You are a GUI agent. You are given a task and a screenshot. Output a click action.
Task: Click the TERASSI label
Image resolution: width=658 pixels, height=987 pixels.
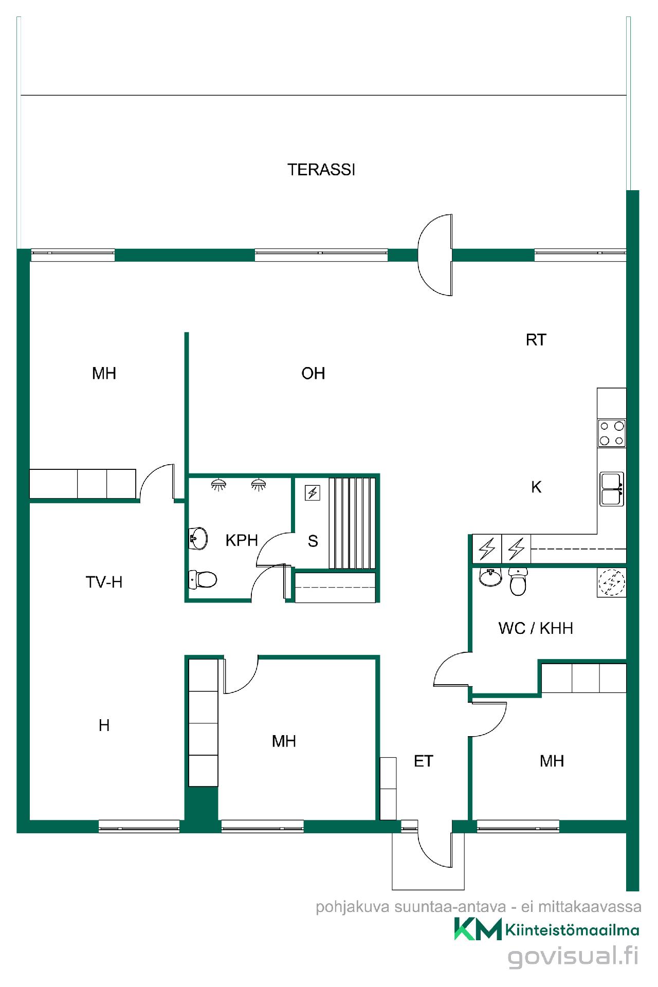[x=321, y=170]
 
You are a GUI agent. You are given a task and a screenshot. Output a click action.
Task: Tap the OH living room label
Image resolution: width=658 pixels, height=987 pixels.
[x=313, y=373]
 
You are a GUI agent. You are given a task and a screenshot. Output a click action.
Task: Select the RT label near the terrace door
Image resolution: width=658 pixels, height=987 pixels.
[x=536, y=340]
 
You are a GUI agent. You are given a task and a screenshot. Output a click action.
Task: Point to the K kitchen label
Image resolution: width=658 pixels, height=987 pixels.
[x=536, y=487]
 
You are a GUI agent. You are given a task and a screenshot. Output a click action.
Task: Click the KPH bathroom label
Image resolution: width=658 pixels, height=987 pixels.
[x=242, y=540]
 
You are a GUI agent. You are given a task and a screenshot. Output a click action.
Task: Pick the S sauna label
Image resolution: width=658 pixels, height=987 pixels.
[x=313, y=541]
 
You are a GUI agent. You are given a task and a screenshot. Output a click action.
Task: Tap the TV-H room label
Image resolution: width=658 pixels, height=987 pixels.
[x=104, y=582]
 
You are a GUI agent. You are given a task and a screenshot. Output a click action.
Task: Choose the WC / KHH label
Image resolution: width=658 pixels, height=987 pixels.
[x=536, y=628]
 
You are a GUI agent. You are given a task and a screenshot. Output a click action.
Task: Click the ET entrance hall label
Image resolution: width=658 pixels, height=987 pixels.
[x=424, y=761]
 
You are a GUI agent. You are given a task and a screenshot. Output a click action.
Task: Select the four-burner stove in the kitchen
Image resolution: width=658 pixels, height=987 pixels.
[x=612, y=433]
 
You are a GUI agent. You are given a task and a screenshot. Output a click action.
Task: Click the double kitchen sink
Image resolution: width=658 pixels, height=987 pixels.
[x=612, y=489]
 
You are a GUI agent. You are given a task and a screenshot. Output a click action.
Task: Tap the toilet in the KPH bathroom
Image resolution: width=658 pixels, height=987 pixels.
[x=203, y=579]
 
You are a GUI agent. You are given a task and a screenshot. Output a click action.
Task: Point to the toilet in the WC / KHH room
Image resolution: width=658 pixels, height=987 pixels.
[x=518, y=581]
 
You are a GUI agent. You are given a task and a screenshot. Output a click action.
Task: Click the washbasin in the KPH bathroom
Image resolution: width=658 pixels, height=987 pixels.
[x=198, y=538]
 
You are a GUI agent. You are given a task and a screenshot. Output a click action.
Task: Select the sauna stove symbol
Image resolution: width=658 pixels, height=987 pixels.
[x=313, y=493]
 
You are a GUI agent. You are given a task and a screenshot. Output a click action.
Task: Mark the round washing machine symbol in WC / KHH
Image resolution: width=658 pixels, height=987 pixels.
[x=612, y=582]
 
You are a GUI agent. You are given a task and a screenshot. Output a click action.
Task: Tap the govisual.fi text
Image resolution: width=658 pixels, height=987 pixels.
[x=573, y=957]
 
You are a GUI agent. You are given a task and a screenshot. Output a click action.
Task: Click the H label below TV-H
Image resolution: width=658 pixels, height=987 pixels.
[x=104, y=725]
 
